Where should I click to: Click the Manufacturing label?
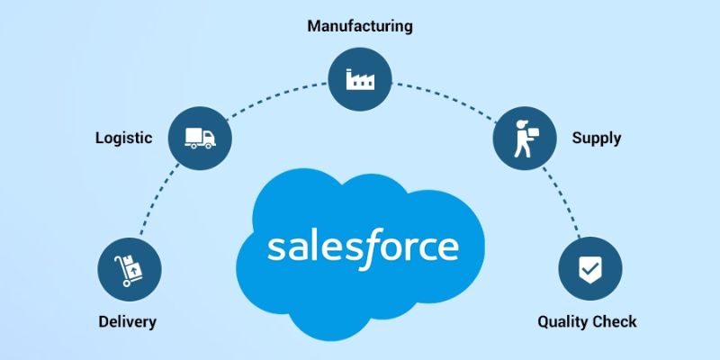pos(359,25)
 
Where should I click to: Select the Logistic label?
pos(123,138)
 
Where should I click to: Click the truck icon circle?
pos(200,139)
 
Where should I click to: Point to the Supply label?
pos(596,139)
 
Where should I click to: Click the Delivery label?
pos(128,321)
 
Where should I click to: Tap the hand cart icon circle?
pos(130,268)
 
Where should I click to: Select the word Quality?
pos(563,321)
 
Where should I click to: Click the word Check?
pos(615,321)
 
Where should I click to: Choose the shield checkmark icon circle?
pos(589,268)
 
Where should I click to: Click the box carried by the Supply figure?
pos(533,131)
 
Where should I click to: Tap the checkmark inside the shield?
pos(589,268)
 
